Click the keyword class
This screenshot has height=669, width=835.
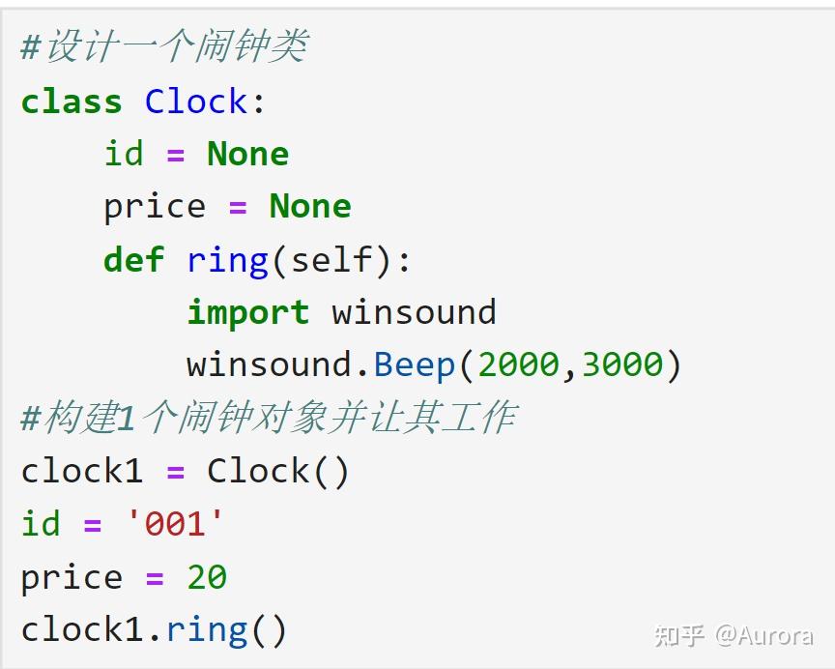72,102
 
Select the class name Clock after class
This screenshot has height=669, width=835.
196,102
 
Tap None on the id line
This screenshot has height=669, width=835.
247,154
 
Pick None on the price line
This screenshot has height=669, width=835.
309,206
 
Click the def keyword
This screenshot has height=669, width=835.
133,259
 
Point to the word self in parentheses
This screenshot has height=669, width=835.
331,259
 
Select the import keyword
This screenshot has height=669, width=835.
247,312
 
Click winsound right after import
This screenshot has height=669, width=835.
414,312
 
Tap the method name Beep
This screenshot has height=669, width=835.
414,364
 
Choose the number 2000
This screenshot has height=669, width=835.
518,364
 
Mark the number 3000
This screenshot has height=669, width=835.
622,364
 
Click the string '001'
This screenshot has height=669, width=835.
175,524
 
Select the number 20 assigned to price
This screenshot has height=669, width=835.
207,577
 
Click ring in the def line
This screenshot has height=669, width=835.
227,259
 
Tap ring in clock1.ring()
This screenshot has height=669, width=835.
207,630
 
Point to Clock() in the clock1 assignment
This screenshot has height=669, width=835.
278,471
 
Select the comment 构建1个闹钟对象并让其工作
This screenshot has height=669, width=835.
269,418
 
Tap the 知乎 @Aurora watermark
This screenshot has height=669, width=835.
733,635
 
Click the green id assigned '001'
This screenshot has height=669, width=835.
41,524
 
